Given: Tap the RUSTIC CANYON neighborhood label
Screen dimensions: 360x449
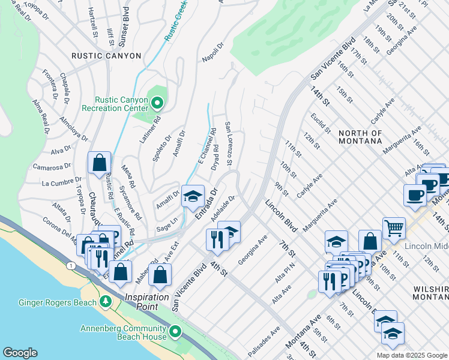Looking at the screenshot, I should click(106, 56).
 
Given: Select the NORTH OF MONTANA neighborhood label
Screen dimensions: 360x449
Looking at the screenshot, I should click(360, 137).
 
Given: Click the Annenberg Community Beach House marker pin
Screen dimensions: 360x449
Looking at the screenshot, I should click(175, 332).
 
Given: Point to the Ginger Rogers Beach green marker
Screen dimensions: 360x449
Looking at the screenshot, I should click(107, 301).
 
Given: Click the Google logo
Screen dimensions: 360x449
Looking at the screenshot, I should click(20, 353).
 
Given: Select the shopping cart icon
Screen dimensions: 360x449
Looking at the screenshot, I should click(394, 228).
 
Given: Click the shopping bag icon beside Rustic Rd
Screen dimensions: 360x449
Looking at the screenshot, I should click(99, 163).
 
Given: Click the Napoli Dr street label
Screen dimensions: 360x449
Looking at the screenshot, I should click(212, 52).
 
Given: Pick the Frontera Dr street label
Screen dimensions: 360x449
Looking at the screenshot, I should click(50, 84).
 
